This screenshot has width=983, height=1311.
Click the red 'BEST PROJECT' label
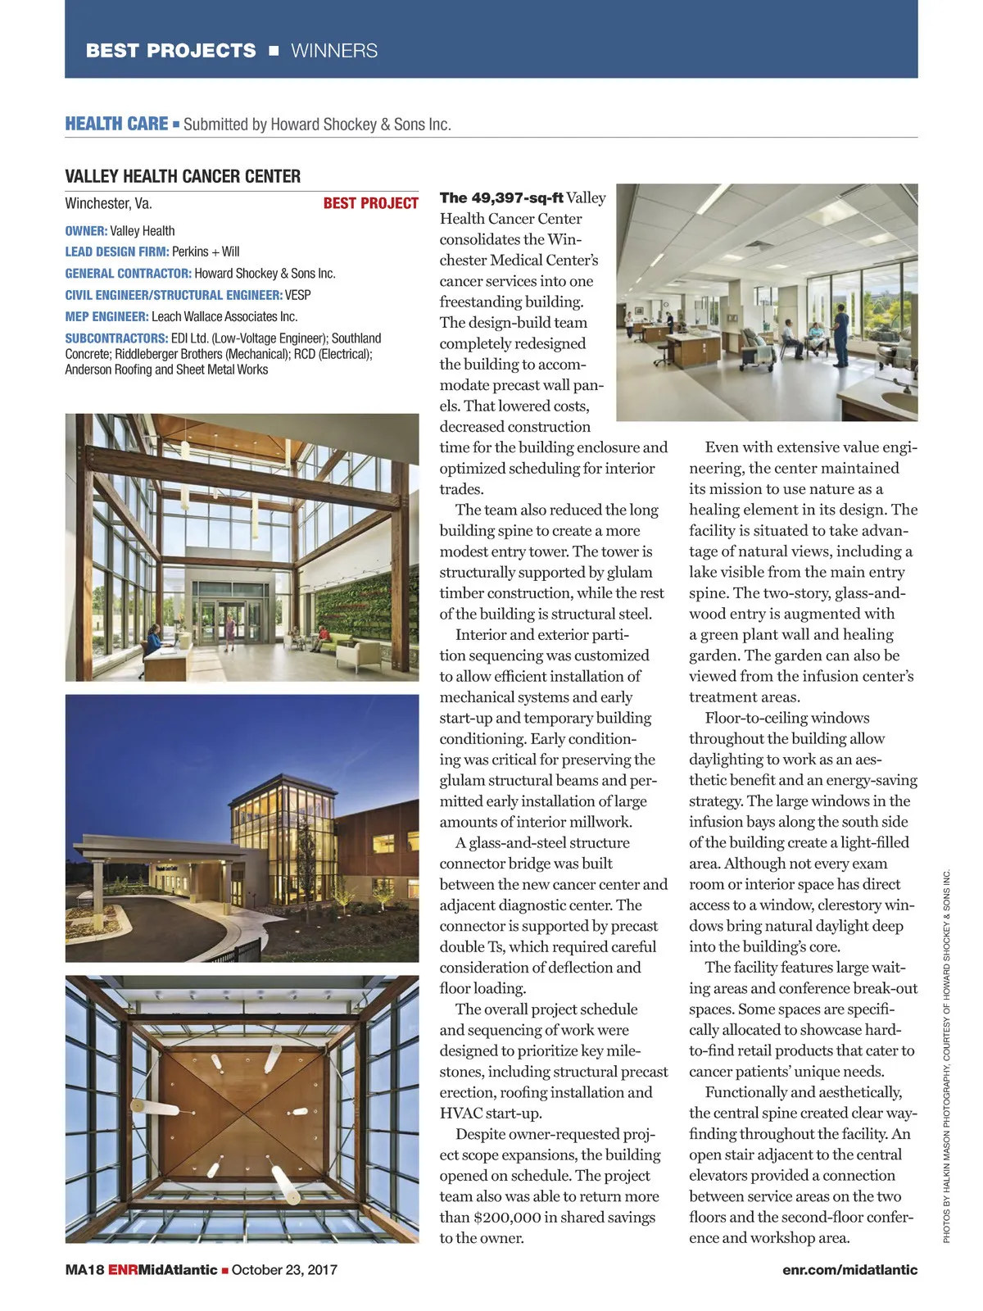click(370, 203)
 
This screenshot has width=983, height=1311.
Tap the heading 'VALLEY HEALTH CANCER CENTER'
click(183, 176)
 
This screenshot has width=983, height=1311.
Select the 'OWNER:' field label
click(86, 231)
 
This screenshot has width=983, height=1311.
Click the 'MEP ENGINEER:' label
click(106, 316)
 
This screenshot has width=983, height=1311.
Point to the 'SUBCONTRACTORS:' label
click(116, 338)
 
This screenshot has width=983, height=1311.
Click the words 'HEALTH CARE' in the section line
click(116, 124)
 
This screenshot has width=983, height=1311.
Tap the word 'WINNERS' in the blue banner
click(334, 51)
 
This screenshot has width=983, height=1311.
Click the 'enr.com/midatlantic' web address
click(849, 1269)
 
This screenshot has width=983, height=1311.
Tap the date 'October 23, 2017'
click(284, 1269)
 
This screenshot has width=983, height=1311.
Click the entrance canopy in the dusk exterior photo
click(156, 852)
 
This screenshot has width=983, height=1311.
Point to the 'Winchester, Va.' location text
click(108, 203)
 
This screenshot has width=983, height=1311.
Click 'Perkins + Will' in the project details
click(206, 252)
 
